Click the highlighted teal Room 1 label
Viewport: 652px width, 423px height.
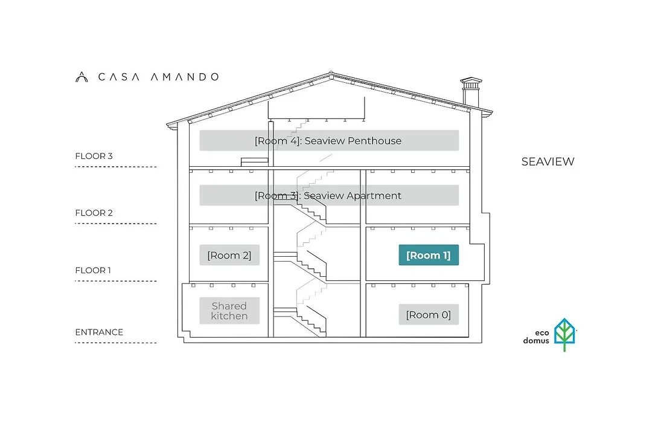pyautogui.click(x=429, y=255)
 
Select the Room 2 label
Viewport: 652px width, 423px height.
pyautogui.click(x=229, y=255)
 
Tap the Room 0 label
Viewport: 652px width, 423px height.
pyautogui.click(x=429, y=314)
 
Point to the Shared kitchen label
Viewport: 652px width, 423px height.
pyautogui.click(x=229, y=311)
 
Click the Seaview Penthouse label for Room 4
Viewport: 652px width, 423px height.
pyautogui.click(x=329, y=141)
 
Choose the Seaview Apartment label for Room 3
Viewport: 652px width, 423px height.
pyautogui.click(x=329, y=195)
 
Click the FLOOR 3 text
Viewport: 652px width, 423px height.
pyautogui.click(x=94, y=156)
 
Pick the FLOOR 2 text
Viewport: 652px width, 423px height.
pyautogui.click(x=94, y=213)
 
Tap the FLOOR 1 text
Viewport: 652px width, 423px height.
pyautogui.click(x=93, y=270)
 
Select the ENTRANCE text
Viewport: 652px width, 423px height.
pyautogui.click(x=99, y=332)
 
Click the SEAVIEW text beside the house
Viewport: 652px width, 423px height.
pyautogui.click(x=548, y=161)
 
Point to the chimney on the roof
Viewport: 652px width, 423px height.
pyautogui.click(x=471, y=92)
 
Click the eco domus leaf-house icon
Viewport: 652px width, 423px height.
pyautogui.click(x=564, y=334)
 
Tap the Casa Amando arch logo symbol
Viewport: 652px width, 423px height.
pyautogui.click(x=81, y=77)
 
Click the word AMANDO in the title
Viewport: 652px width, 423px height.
pyautogui.click(x=185, y=77)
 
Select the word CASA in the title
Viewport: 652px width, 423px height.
pyautogui.click(x=118, y=77)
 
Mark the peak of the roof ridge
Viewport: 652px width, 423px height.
pyautogui.click(x=331, y=72)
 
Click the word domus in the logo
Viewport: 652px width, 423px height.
pyautogui.click(x=536, y=341)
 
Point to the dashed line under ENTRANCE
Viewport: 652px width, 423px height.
pyautogui.click(x=116, y=343)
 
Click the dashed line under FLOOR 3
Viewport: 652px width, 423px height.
pyautogui.click(x=116, y=167)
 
